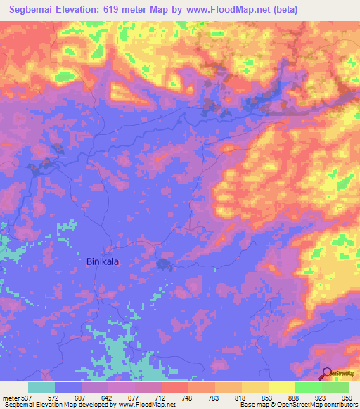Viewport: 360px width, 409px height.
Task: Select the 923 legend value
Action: click(x=321, y=398)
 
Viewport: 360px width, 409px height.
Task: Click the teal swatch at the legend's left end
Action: click(x=41, y=387)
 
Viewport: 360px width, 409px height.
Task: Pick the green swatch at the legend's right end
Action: click(x=335, y=387)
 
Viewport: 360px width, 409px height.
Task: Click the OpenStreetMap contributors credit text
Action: click(x=316, y=405)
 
